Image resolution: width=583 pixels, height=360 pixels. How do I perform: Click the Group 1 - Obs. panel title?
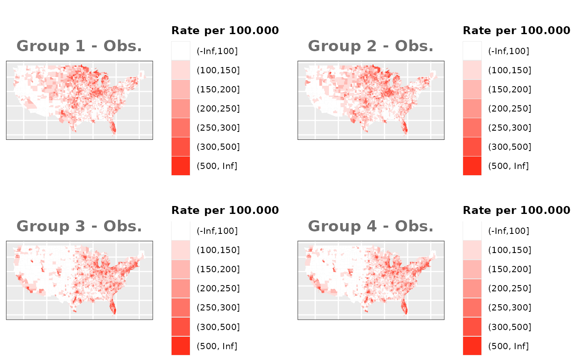pos(79,46)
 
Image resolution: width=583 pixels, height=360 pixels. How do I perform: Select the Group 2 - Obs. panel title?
pos(371,46)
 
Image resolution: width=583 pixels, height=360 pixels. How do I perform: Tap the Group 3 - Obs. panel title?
pos(79,226)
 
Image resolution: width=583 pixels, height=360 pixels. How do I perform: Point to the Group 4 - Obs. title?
pos(371,226)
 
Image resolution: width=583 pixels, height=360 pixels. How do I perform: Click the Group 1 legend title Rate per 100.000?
pos(225,30)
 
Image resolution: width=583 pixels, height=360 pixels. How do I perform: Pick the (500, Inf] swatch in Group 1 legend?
pos(181,166)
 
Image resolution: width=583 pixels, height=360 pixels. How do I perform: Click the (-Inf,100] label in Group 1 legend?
pos(217,51)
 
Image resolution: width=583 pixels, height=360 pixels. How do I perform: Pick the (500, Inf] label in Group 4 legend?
pos(508,346)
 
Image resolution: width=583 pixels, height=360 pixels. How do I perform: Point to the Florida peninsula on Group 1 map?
pos(113,127)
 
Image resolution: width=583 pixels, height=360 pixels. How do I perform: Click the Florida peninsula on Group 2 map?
pos(404,127)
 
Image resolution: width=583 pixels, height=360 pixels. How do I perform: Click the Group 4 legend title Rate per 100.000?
pos(516,210)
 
